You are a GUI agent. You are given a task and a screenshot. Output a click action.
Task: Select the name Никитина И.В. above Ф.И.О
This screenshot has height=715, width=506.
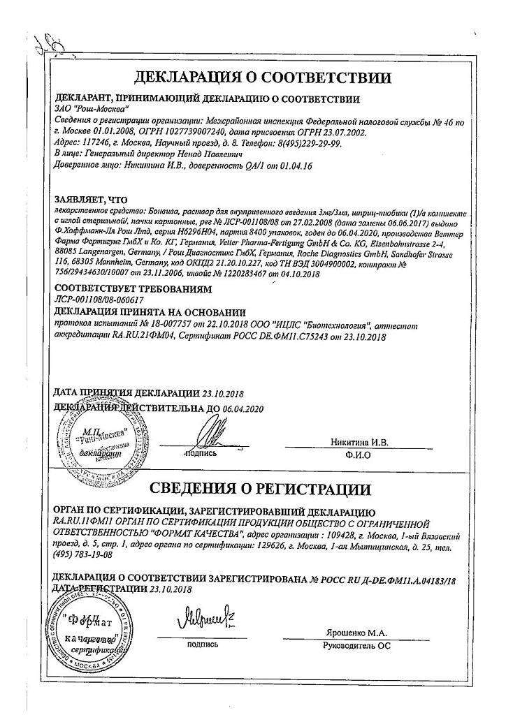point(362,442)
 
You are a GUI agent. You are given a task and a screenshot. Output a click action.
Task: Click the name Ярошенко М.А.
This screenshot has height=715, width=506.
point(356,633)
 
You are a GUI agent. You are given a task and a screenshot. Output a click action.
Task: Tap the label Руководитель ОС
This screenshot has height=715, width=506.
point(356,645)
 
